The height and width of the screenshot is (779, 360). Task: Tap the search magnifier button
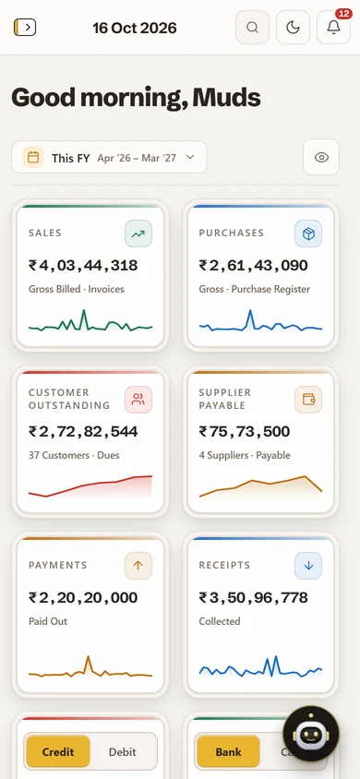pos(252,28)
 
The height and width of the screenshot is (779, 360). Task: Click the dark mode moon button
pos(293,28)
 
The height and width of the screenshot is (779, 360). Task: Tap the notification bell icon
pos(333,28)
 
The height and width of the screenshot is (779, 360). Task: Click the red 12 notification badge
pos(343,14)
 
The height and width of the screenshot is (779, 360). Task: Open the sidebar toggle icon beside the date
pos(25,28)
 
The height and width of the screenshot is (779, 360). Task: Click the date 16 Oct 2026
pos(135,28)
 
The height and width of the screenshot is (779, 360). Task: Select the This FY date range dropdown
pos(109,157)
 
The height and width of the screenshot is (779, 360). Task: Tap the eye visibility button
pos(321,157)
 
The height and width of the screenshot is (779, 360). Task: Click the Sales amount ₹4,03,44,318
pos(83,265)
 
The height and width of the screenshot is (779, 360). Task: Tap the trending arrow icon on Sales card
pos(138,234)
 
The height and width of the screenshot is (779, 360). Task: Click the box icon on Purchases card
pos(308,234)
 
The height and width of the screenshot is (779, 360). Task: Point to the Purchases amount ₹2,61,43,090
pos(253,265)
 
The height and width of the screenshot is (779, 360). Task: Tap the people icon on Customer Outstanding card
pos(138,400)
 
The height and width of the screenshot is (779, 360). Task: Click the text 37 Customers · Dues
pos(74,455)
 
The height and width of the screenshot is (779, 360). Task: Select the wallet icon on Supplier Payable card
pos(308,400)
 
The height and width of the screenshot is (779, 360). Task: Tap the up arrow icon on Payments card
pos(138,566)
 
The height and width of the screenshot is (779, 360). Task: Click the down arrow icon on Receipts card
pos(308,566)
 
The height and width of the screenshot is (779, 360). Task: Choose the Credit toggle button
pos(58,751)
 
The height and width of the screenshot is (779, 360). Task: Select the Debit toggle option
pos(123,751)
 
